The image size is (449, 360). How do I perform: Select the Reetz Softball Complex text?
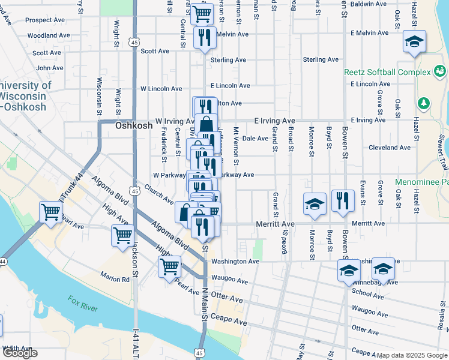click(387, 72)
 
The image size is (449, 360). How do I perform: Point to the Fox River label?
click(83, 304)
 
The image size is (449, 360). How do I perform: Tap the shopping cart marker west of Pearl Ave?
click(50, 211)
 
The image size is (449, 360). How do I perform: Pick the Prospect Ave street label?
click(45, 20)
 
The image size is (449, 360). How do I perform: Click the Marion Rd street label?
click(115, 279)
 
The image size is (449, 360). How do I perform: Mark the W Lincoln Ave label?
click(161, 89)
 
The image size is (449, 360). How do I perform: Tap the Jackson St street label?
click(136, 258)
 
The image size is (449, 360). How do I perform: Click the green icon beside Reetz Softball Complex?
click(441, 73)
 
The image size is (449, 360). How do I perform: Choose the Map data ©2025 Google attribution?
click(412, 356)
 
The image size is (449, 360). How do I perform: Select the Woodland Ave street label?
click(46, 35)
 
